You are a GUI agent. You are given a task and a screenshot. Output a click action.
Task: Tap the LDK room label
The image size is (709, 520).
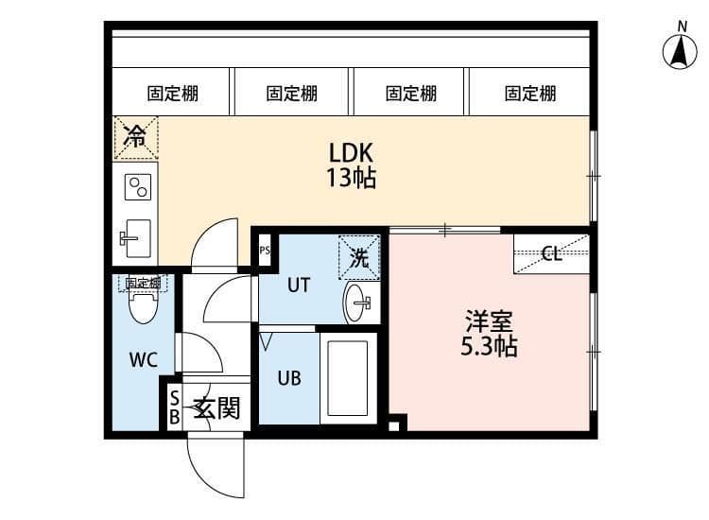pos(352,151)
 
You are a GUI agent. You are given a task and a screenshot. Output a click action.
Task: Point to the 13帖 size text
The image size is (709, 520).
pos(352,179)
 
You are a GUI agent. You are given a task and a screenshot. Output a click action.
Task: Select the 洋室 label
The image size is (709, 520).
pos(489,320)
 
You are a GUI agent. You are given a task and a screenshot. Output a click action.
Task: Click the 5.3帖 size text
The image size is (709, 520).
pos(489,346)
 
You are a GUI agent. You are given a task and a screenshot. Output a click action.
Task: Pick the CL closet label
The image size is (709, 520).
pos(552,254)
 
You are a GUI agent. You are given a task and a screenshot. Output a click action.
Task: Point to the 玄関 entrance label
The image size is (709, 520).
pos(216,408)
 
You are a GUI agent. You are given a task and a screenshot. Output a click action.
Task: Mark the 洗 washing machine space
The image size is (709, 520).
pos(359,257)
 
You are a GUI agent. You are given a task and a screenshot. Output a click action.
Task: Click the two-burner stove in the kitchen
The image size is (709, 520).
pos(138,187)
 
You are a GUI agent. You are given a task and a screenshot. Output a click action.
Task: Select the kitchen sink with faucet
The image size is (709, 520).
pos(138,235)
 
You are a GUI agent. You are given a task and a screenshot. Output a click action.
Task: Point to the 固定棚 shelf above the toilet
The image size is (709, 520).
pos(143,283)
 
